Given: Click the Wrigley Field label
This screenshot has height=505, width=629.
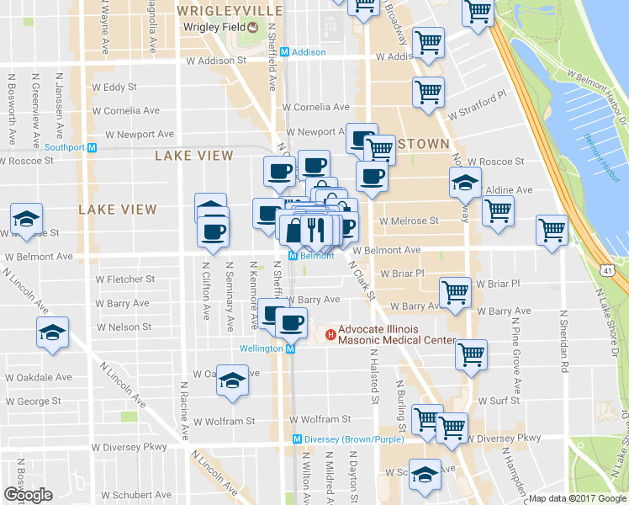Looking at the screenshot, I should point(212,26).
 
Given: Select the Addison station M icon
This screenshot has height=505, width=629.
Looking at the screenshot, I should point(285,52).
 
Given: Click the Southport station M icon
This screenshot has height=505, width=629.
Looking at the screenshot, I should point(92,147).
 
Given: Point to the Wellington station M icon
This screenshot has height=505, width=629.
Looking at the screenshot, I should point(290,348).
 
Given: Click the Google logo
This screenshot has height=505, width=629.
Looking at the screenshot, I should point(28,494).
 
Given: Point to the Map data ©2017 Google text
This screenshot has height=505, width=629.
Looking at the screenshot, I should point(577,498).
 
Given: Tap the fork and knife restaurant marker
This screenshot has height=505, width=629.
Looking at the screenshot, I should point(315,228).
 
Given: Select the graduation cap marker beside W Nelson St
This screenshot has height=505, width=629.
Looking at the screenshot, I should point(52,333).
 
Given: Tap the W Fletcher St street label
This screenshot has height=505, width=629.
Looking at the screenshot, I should point(125,279).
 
